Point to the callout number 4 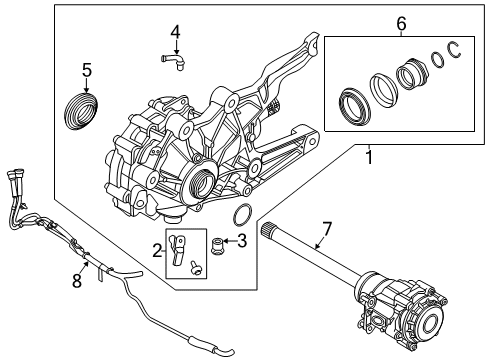coord(175,32)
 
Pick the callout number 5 coord(87,71)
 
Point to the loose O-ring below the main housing coord(241,215)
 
